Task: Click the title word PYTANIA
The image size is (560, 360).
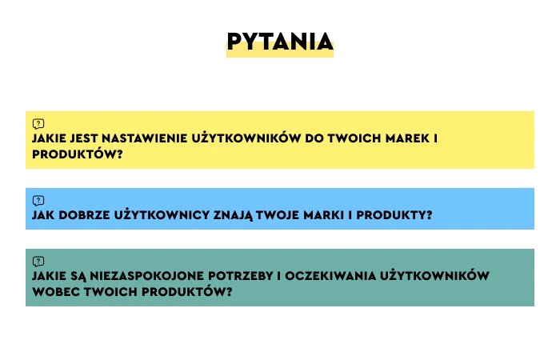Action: tap(280, 42)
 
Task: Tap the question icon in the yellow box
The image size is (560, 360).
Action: tap(38, 124)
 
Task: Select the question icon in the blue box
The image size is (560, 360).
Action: tap(38, 201)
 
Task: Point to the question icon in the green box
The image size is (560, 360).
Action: tap(38, 262)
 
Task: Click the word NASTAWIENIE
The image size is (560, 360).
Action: tap(144, 138)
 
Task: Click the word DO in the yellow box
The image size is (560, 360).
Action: tap(314, 138)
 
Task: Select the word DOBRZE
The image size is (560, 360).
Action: tap(84, 215)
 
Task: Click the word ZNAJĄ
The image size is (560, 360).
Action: tap(234, 215)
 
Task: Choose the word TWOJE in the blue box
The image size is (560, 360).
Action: tap(278, 215)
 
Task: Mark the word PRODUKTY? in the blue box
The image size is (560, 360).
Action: tap(394, 215)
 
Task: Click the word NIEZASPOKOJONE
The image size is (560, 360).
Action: tap(146, 276)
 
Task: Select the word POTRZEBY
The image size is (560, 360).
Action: tap(241, 276)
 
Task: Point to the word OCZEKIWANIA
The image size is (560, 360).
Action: tap(330, 276)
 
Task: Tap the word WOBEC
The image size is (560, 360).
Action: tap(56, 292)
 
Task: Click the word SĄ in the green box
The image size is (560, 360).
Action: tap(78, 276)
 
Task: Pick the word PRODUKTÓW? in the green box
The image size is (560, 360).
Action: tap(186, 292)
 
